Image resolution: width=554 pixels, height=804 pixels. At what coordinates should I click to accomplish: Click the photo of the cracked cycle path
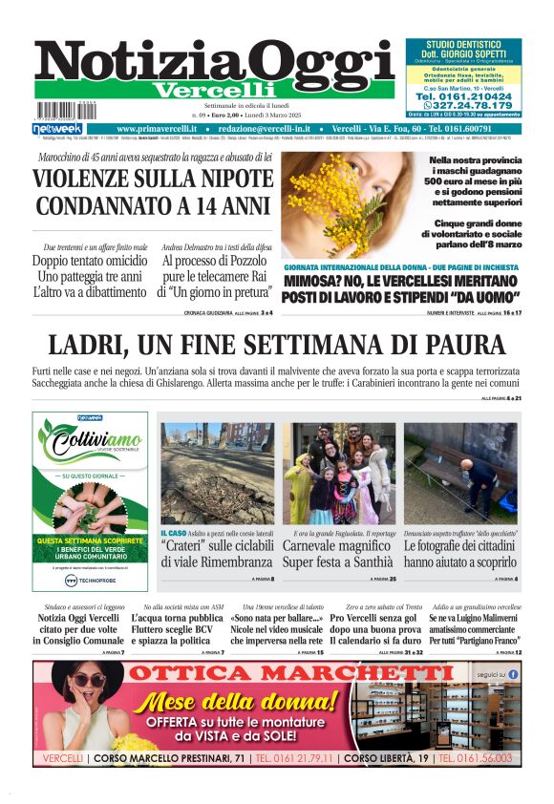217,472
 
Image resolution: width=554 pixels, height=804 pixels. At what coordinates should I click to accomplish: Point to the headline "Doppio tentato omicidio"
90,260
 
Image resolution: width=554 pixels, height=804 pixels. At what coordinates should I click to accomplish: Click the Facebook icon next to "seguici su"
513,673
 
